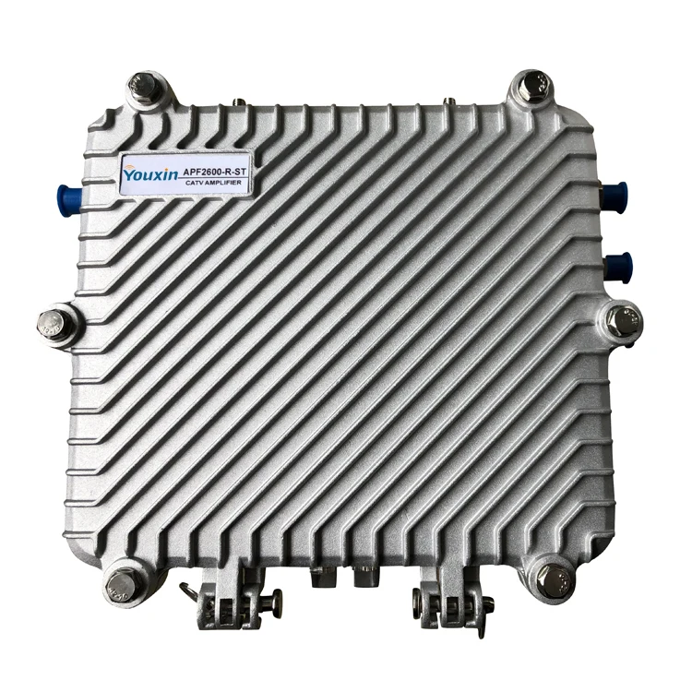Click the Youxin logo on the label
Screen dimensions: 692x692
[x=150, y=173]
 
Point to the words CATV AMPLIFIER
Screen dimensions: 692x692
[x=215, y=183]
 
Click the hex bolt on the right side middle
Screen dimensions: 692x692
[x=623, y=321]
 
